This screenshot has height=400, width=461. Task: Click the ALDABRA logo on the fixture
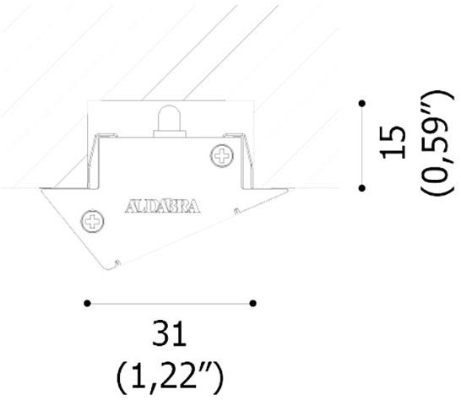click(161, 206)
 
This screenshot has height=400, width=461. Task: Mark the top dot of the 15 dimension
click(362, 103)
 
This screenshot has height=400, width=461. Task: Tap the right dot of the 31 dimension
click(253, 301)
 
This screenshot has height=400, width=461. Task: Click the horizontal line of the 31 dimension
click(169, 301)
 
